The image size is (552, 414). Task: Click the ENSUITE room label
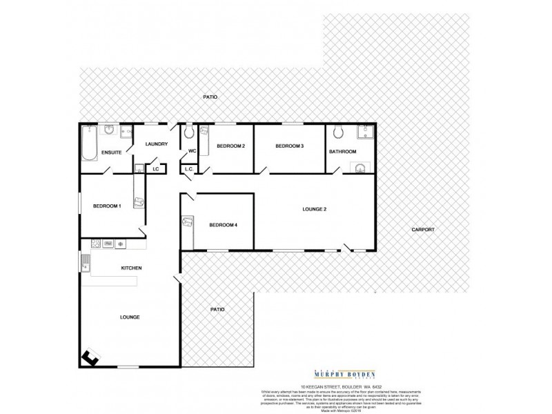111,152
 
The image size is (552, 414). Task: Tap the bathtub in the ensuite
89,144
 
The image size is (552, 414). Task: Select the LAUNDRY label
156,144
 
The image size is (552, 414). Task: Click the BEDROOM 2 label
231,146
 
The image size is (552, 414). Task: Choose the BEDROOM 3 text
289,146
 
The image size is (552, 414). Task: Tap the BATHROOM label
342,152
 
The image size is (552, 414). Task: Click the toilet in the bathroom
337,133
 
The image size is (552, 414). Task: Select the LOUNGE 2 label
315,209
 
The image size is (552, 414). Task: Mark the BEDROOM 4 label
223,225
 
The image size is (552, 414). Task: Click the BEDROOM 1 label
107,206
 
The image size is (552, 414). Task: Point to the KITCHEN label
131,268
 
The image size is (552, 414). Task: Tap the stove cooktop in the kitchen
97,244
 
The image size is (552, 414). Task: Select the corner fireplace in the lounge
90,358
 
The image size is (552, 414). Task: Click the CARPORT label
423,229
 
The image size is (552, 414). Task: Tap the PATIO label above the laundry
210,97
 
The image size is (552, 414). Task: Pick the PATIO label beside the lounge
217,309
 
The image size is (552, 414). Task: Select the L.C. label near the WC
188,169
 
